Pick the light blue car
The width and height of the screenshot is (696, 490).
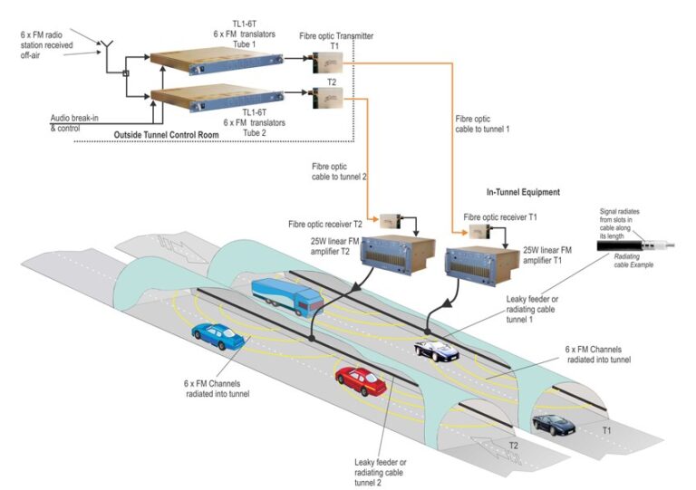218,337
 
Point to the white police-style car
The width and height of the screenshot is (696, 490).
436,350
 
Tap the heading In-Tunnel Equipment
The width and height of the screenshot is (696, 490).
524,192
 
